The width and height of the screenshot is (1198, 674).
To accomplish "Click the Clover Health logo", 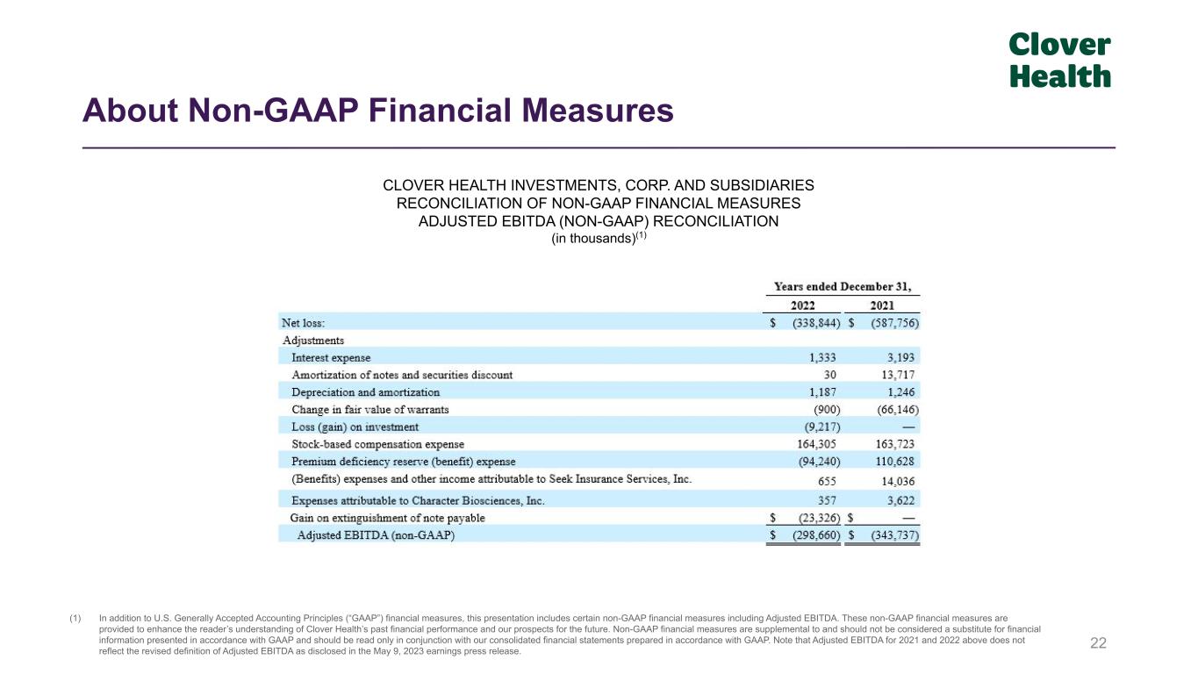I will point(1059,61).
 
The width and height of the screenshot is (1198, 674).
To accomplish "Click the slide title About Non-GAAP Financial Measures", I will point(377,111).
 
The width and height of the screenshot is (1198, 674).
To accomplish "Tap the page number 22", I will point(1098,643).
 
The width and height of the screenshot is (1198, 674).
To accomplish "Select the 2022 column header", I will point(802,305).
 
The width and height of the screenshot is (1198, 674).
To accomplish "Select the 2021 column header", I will point(882,305).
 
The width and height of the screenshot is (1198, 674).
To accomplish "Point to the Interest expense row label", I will point(331,358).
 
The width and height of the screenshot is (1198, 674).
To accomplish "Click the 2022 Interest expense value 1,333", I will point(822,358).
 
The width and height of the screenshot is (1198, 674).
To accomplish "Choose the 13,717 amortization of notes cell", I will point(900,375).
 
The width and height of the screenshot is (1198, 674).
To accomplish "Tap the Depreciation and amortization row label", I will point(365,392).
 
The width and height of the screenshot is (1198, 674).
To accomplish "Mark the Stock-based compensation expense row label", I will point(377,444).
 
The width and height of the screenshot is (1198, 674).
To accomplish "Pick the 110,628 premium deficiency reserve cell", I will point(898,462).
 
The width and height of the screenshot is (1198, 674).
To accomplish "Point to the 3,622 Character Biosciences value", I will point(902,500).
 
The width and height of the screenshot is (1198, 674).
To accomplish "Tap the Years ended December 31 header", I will point(842,287).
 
